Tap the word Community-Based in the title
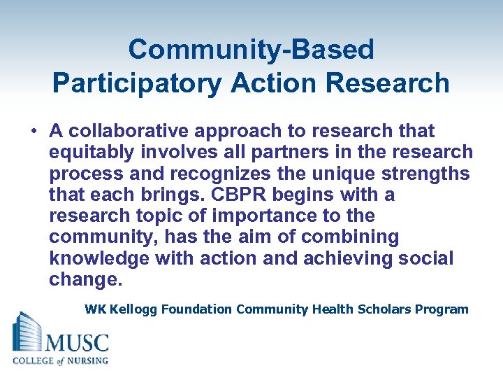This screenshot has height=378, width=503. tap(251, 50)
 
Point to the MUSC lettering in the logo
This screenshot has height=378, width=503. tap(77, 344)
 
